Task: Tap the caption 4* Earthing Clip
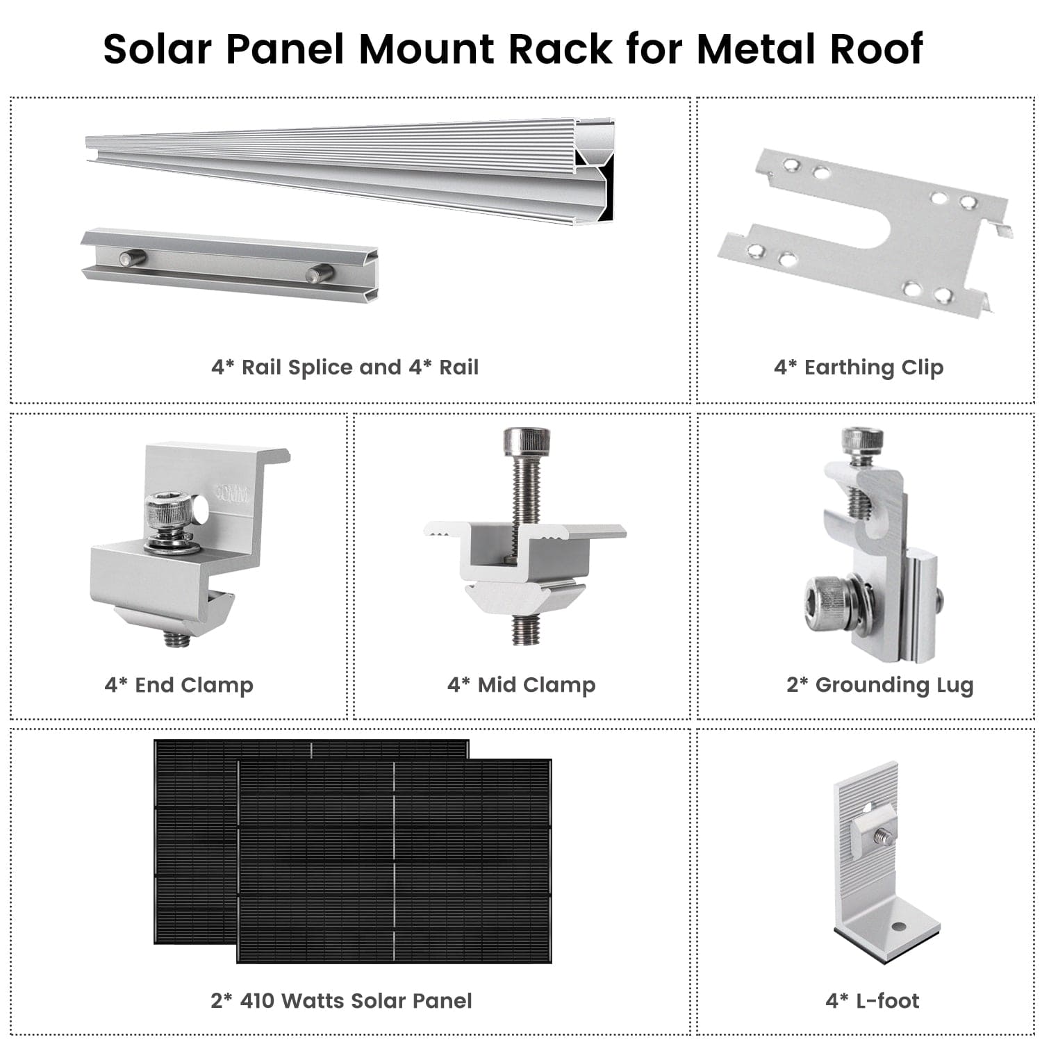coord(859,367)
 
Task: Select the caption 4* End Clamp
coord(179,685)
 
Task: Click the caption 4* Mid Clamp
coord(521,685)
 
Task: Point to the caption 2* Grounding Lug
coord(879,685)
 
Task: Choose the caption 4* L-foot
coord(872,1000)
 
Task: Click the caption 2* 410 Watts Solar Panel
coord(341,1000)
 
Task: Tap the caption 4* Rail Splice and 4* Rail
coord(345,367)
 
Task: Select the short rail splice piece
coord(229,264)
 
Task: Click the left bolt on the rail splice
coord(133,258)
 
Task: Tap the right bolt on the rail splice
coord(320,274)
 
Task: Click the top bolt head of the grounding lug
coord(862,440)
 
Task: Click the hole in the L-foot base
coord(899,927)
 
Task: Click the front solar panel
coord(394,861)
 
